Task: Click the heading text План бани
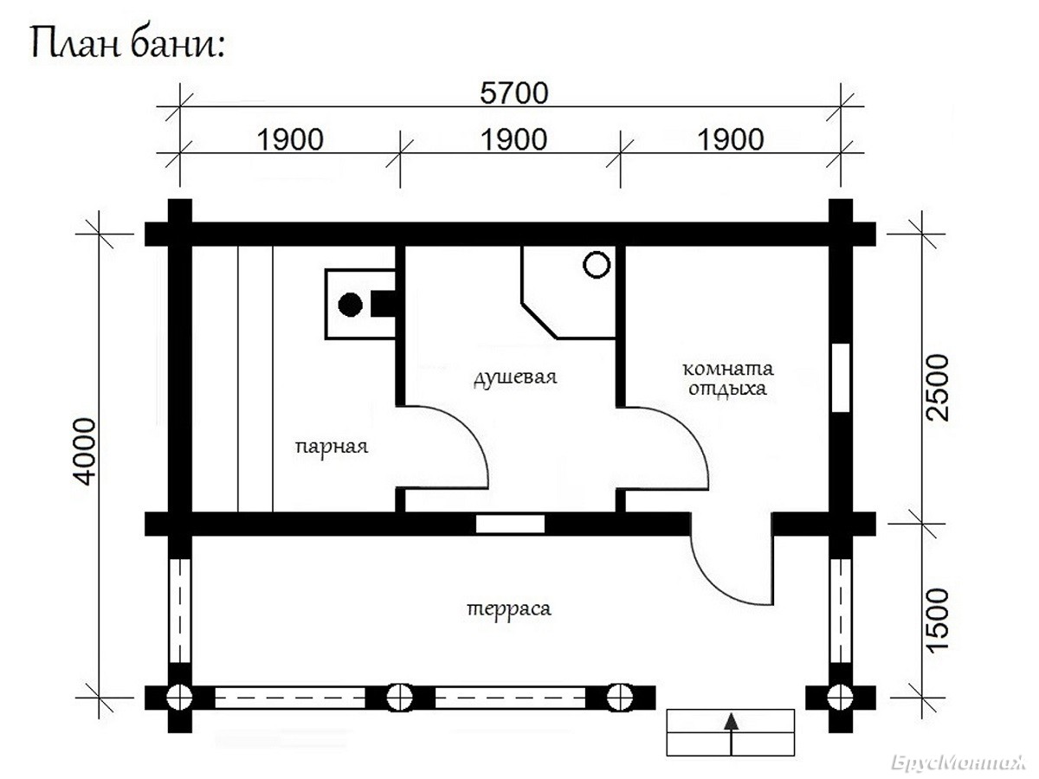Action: pos(127,42)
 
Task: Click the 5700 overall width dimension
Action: pos(514,93)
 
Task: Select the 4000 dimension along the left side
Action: pos(86,451)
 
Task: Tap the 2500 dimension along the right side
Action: pos(938,388)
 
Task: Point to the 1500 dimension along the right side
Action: pos(938,620)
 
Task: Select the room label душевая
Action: pos(515,378)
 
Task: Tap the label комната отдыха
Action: pos(728,378)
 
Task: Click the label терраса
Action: pos(509,609)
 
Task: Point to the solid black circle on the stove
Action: pos(351,305)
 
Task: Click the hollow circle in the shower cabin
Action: pos(597,264)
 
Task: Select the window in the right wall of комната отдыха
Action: pos(841,377)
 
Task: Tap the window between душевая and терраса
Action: pos(510,524)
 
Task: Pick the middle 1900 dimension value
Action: pos(514,140)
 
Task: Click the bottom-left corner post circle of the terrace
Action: pos(179,697)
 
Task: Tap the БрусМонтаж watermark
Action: pos(958,762)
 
